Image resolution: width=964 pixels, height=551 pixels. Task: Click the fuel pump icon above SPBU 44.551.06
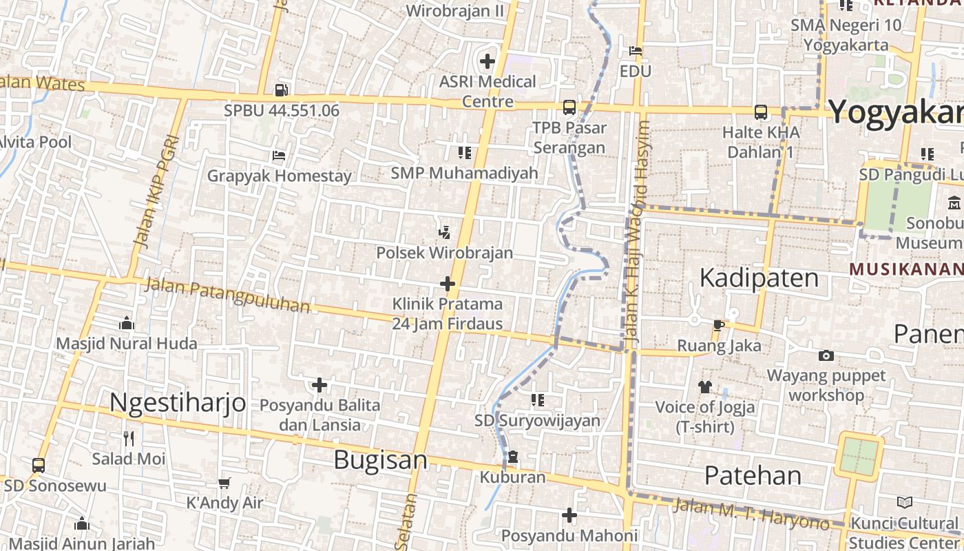click(281, 90)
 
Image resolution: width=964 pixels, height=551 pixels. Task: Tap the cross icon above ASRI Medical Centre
click(488, 61)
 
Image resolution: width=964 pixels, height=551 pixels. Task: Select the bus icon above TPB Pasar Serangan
click(569, 107)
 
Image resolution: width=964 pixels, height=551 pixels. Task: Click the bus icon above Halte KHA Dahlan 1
click(761, 112)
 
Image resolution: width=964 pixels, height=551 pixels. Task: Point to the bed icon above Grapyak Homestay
click(279, 155)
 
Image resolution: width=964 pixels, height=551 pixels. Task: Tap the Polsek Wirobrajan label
click(444, 252)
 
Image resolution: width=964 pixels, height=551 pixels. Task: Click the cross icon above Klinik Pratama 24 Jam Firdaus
click(448, 283)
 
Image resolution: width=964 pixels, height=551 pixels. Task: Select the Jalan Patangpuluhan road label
click(228, 295)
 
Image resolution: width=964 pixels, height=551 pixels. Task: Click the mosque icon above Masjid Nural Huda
click(127, 323)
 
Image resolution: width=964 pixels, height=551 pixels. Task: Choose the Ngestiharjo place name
click(178, 402)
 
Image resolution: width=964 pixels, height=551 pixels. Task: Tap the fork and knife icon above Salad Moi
click(129, 438)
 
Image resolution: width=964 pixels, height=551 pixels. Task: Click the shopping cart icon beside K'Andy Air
click(224, 483)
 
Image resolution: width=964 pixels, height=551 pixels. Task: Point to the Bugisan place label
click(380, 460)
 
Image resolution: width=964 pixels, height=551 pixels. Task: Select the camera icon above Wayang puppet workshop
click(826, 355)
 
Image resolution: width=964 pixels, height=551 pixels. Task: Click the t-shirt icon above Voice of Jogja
click(704, 386)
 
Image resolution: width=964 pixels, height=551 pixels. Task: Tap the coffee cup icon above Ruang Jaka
click(719, 325)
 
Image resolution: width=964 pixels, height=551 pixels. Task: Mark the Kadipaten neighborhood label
click(759, 278)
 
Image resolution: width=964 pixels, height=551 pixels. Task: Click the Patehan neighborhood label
click(753, 475)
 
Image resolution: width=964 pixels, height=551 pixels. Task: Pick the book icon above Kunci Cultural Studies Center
click(905, 503)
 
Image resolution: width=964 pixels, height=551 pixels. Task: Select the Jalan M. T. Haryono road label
click(751, 514)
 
